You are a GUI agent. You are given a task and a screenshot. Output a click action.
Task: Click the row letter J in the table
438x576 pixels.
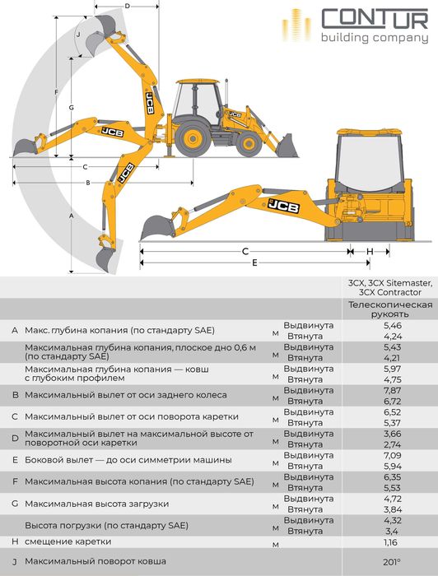pos(15,561)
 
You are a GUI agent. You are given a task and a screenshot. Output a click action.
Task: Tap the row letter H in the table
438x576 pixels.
pos(15,541)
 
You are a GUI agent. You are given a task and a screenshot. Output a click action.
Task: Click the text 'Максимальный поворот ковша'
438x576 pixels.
pos(96,561)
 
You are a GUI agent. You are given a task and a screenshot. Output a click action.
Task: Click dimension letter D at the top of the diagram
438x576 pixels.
pos(128,7)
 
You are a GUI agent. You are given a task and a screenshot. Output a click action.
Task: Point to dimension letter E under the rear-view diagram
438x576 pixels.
pos(255,262)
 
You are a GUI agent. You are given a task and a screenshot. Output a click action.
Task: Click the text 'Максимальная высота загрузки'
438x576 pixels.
pos(97,503)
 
